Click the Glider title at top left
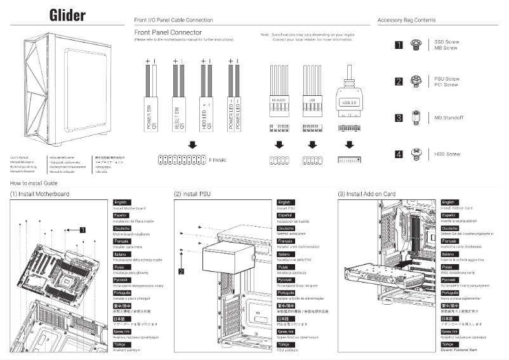pyautogui.click(x=67, y=16)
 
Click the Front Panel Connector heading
pyautogui.click(x=168, y=32)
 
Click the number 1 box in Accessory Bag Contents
pyautogui.click(x=399, y=44)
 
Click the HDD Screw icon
pyautogui.click(x=417, y=154)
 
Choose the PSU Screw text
pyautogui.click(x=447, y=79)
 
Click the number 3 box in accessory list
pyautogui.click(x=399, y=117)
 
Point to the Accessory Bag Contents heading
pyautogui.click(x=406, y=20)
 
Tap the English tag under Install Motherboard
pyautogui.click(x=122, y=202)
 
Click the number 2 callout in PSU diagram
pyautogui.click(x=182, y=271)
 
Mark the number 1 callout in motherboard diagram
pyautogui.click(x=82, y=230)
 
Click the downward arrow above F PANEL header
pyautogui.click(x=192, y=145)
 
